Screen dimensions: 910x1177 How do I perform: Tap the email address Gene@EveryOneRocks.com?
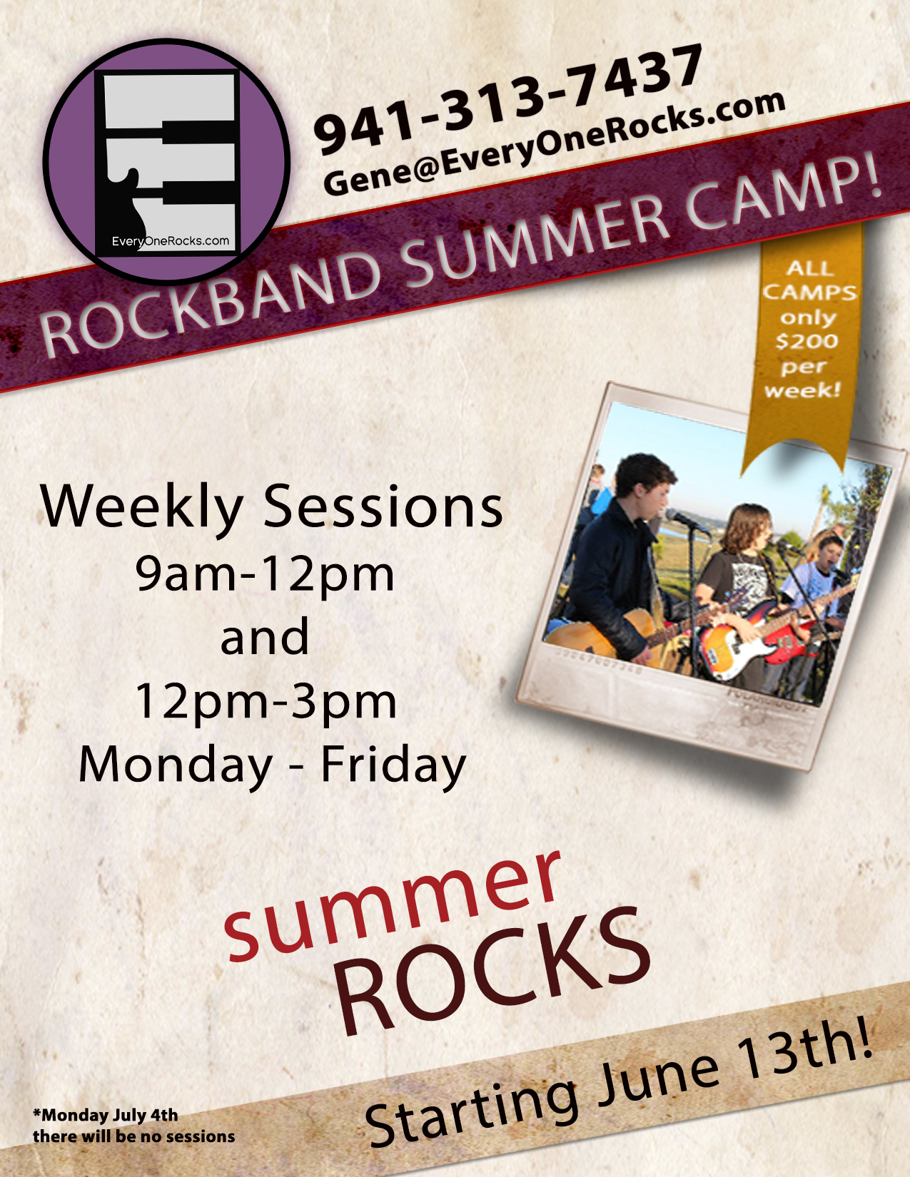pyautogui.click(x=554, y=144)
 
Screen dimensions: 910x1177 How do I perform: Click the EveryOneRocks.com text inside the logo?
pyautogui.click(x=170, y=241)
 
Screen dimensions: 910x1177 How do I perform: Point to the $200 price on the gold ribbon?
pyautogui.click(x=807, y=341)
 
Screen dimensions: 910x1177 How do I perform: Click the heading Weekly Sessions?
pyautogui.click(x=271, y=507)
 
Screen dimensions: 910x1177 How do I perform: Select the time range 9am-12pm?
pyautogui.click(x=265, y=575)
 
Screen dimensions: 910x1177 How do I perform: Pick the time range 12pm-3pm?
pyautogui.click(x=266, y=701)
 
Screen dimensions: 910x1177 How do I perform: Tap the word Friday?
pyautogui.click(x=393, y=764)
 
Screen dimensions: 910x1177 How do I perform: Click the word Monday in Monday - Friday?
pyautogui.click(x=176, y=764)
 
